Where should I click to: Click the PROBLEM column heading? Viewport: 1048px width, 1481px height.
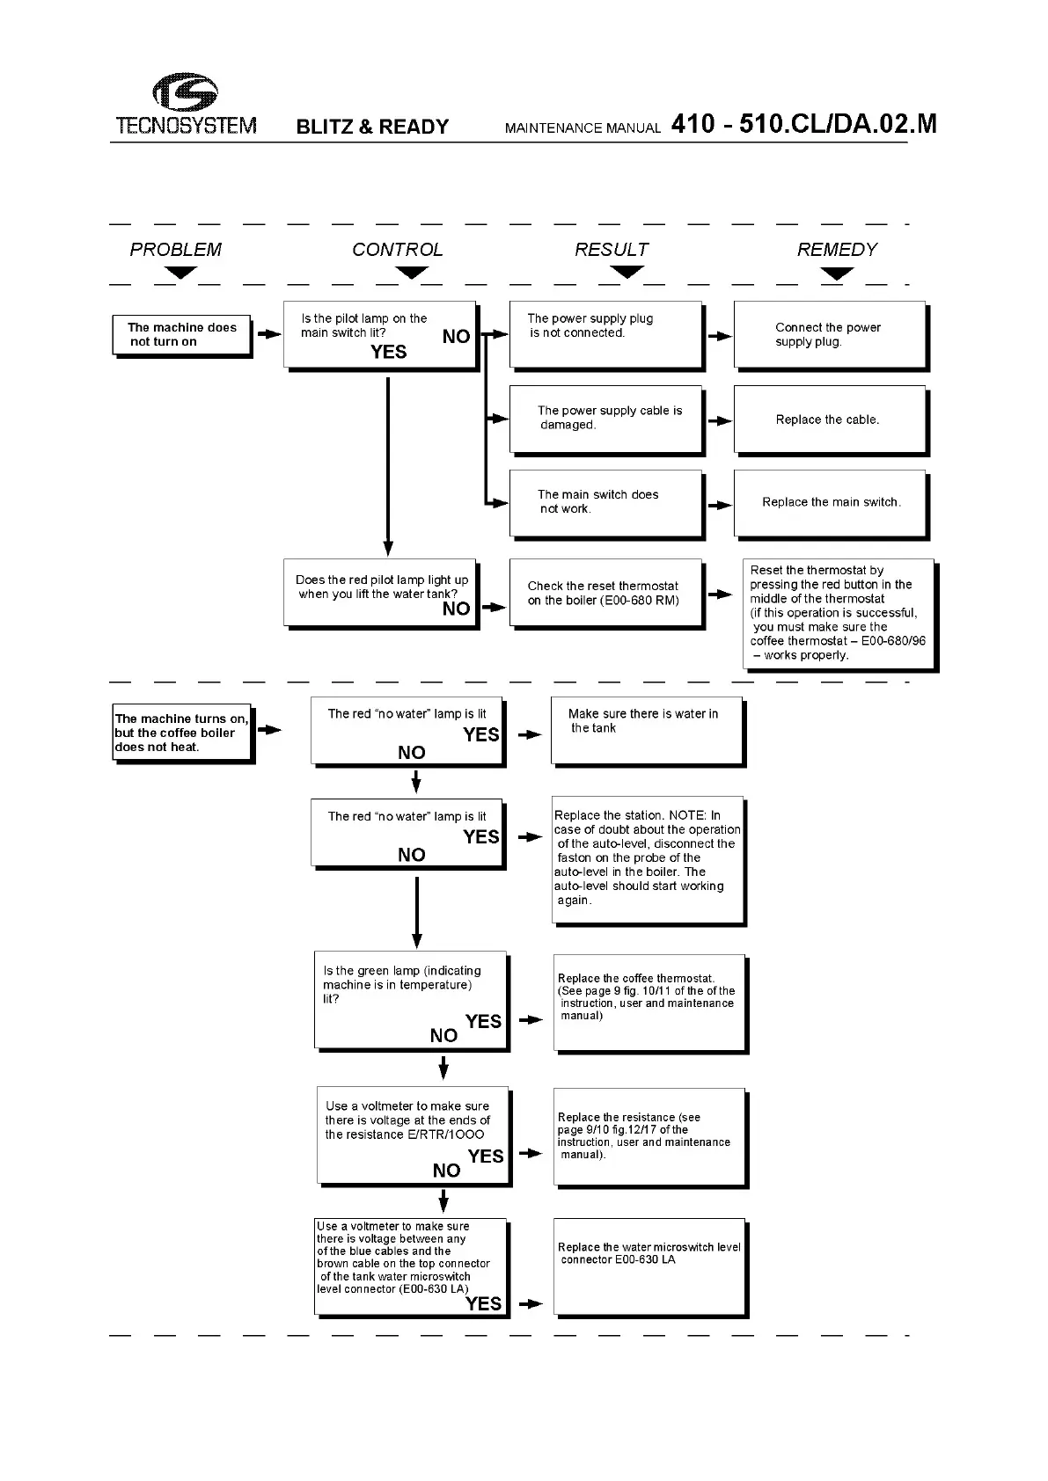(175, 250)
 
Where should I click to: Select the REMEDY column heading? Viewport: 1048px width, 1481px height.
(837, 250)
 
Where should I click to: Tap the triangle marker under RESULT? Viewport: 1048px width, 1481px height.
(627, 273)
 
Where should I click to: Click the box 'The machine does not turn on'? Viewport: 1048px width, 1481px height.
(181, 335)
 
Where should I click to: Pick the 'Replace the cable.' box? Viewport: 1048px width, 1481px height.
(830, 419)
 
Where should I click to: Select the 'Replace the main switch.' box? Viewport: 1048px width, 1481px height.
(830, 503)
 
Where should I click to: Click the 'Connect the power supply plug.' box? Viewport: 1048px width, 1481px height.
(830, 335)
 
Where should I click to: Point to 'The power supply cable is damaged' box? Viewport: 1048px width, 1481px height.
(606, 419)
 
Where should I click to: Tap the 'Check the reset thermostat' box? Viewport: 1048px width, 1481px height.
(606, 593)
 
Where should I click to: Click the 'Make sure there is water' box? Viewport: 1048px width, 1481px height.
(647, 731)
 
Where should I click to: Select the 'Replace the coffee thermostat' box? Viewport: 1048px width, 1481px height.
(649, 1003)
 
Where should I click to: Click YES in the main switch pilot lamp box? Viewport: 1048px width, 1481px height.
(389, 353)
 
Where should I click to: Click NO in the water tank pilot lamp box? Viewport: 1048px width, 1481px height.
(456, 609)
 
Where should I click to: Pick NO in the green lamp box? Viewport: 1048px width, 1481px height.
(443, 1036)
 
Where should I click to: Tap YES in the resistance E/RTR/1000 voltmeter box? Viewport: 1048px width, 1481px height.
(486, 1156)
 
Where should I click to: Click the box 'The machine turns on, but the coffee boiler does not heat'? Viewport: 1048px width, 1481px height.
(182, 733)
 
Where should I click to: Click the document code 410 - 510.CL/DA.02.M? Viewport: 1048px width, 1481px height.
(803, 124)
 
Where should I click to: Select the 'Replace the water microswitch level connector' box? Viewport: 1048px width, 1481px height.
(649, 1266)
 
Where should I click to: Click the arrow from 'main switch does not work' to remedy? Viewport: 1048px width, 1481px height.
(720, 506)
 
